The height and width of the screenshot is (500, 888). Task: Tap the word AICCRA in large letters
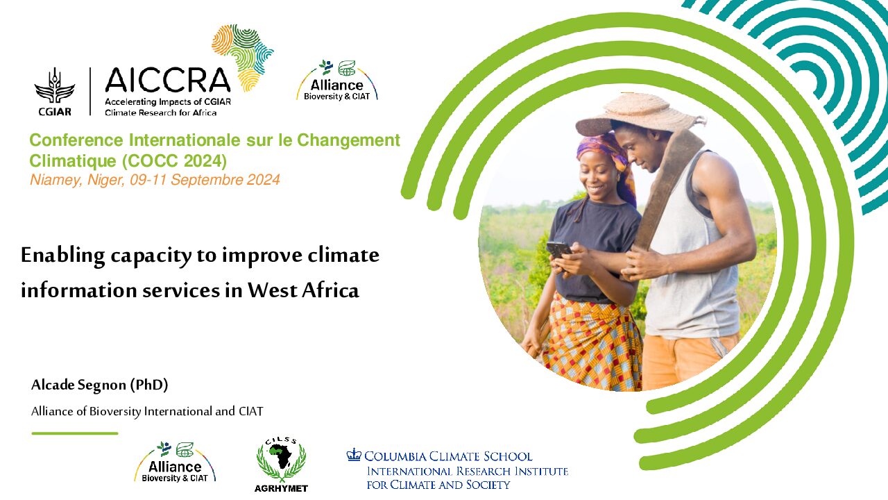(x=168, y=80)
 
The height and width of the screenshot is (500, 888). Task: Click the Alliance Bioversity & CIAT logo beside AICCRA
(x=337, y=81)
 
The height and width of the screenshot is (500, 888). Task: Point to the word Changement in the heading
(x=348, y=140)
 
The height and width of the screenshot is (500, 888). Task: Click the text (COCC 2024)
(x=174, y=160)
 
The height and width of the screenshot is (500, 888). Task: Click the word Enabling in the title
(x=62, y=255)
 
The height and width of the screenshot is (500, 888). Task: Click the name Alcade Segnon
(x=78, y=385)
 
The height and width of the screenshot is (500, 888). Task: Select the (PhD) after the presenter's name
(x=149, y=385)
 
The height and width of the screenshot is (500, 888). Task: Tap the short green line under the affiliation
(x=75, y=433)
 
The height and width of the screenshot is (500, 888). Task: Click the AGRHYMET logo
(x=281, y=465)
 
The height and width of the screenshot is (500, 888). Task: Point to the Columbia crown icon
(x=354, y=455)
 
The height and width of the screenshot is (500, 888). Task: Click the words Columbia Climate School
(x=448, y=456)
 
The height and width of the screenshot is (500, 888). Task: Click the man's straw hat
(x=639, y=114)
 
